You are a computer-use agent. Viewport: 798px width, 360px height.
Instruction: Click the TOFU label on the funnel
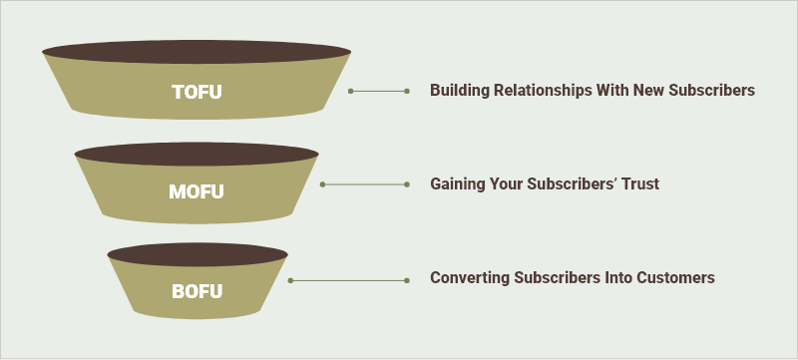tap(197, 92)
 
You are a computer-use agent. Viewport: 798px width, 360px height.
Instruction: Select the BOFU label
tap(197, 292)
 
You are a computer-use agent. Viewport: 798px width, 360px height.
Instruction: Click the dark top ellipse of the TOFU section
tap(197, 50)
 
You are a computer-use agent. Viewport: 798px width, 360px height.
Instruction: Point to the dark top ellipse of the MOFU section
tap(197, 154)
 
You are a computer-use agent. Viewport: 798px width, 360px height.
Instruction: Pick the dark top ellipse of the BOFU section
tap(197, 253)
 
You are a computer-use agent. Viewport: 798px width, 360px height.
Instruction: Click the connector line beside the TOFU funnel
tap(379, 91)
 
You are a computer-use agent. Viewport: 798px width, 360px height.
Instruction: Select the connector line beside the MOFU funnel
tap(365, 184)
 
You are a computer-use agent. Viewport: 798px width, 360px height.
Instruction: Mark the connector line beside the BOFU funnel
tap(348, 280)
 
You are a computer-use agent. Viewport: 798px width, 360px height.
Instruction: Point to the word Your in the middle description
tap(509, 184)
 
